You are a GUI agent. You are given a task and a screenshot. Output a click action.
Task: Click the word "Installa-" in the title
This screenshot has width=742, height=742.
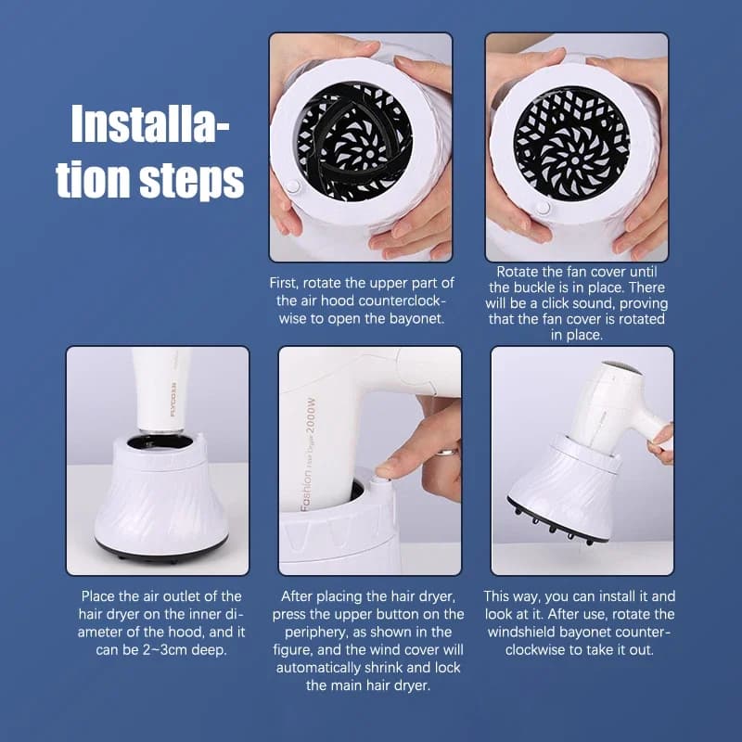(x=150, y=124)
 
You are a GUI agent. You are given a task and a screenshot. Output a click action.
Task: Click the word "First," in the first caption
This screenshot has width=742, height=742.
(x=284, y=283)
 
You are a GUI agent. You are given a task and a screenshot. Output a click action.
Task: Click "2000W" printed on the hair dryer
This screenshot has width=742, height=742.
(x=311, y=416)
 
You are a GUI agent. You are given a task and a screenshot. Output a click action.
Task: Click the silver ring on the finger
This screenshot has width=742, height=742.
(x=447, y=451)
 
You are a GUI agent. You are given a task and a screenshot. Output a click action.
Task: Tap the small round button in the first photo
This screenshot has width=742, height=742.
(x=293, y=186)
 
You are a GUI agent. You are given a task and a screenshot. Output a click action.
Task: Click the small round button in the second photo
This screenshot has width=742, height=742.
(x=543, y=208)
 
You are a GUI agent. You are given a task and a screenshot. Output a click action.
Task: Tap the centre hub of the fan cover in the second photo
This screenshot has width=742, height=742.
(x=574, y=160)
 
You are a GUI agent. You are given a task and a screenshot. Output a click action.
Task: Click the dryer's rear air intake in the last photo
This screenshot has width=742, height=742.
(x=623, y=368)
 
